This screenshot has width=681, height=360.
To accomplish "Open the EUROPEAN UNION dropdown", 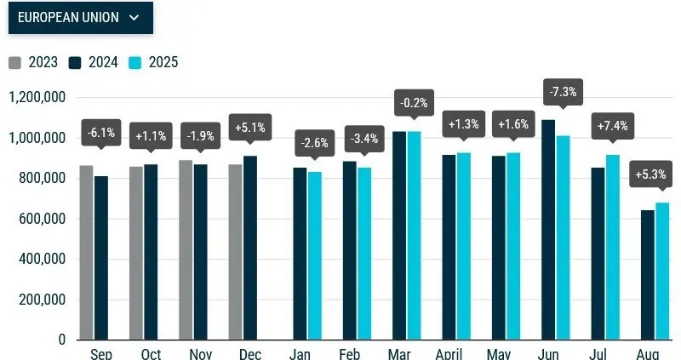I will tap(80, 17).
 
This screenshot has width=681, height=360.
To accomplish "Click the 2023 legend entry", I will tap(34, 62).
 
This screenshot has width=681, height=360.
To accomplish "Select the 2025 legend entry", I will tap(155, 62).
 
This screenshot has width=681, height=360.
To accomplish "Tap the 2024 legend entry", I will tap(94, 62).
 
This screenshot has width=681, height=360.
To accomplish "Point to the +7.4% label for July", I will tap(612, 127).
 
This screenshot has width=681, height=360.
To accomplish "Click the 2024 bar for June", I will tap(548, 230).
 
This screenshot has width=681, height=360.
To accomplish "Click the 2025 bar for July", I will tap(613, 247).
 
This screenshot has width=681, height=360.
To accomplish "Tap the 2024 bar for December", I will tap(250, 248).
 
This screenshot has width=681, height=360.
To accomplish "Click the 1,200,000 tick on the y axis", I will tap(37, 97).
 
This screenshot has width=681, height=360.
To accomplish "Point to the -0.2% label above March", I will tap(414, 103).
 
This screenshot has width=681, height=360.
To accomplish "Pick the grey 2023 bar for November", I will tap(186, 250).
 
